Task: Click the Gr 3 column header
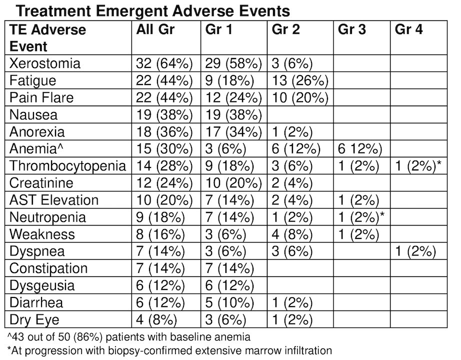pos(351,29)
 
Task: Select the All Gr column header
pos(155,29)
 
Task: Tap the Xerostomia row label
pos(44,63)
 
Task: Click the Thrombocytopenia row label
pos(67,166)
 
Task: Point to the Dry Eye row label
pos(34,319)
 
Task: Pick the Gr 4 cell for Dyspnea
pos(415,251)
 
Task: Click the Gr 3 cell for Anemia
pos(360,149)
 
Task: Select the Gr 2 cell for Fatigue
pos(300,80)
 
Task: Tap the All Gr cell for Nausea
pos(164,114)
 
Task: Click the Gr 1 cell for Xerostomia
pos(233,63)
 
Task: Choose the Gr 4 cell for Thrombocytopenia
pos(418,166)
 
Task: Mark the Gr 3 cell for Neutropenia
pos(361,217)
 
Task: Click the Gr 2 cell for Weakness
pos(292,234)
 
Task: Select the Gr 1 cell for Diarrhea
pos(229,302)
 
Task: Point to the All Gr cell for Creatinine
pos(164,183)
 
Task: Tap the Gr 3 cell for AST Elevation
pos(358,200)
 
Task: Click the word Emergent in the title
pos(131,11)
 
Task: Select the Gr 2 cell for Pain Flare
pos(300,97)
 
